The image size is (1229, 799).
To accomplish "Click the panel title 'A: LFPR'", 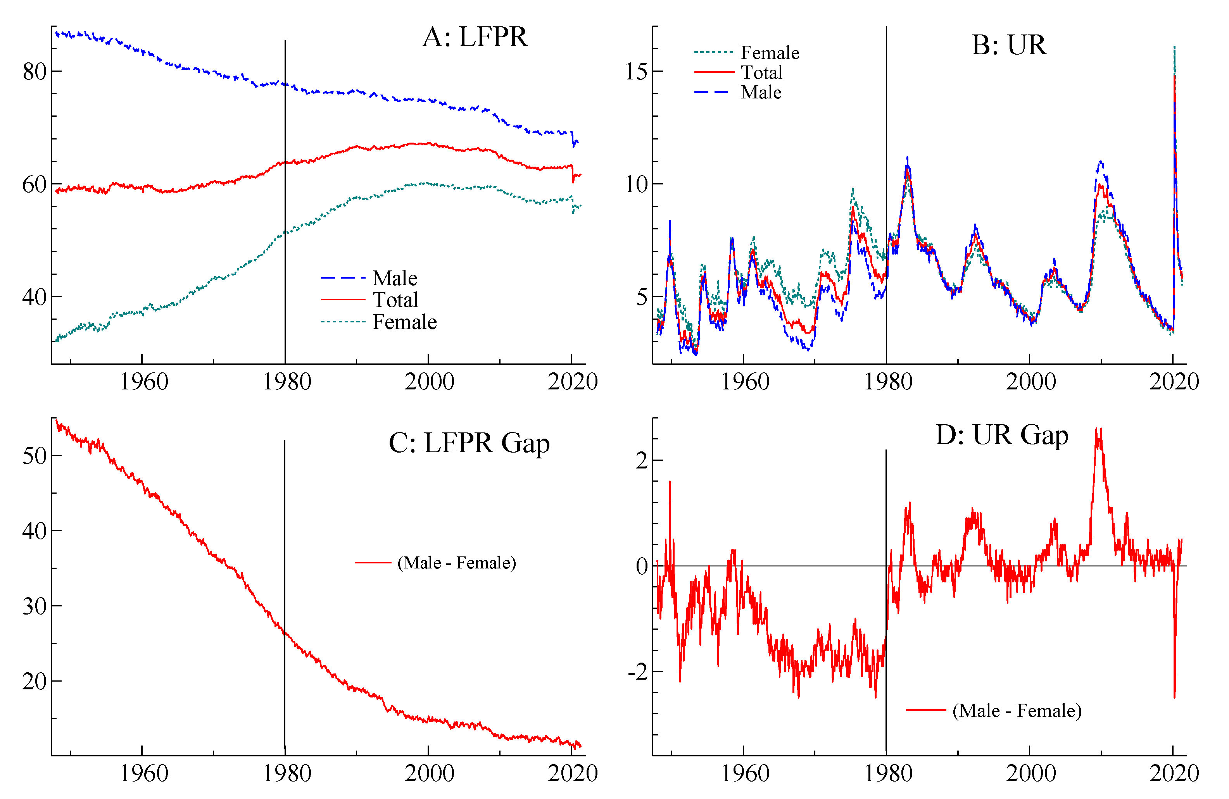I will tap(475, 37).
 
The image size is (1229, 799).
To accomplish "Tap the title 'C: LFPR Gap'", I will tap(469, 443).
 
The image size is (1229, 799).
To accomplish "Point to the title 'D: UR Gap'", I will tap(1001, 435).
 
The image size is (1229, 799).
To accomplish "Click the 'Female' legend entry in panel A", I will tap(404, 322).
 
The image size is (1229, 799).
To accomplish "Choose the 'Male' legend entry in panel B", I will tap(761, 92).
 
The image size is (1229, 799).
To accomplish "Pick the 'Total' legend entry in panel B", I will tap(762, 72).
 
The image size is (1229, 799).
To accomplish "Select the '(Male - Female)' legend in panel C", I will tap(456, 563).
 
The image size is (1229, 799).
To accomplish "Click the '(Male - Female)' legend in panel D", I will tap(1016, 711).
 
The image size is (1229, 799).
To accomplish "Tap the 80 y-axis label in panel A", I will tap(35, 72).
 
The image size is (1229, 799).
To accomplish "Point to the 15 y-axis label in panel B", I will tap(636, 72).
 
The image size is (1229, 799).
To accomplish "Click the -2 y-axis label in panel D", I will tap(638, 672).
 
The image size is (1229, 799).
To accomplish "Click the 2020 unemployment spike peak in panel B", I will tap(1174, 48).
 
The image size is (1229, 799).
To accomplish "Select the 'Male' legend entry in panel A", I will tap(395, 278).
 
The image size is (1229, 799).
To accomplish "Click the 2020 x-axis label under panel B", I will tap(1174, 382).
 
